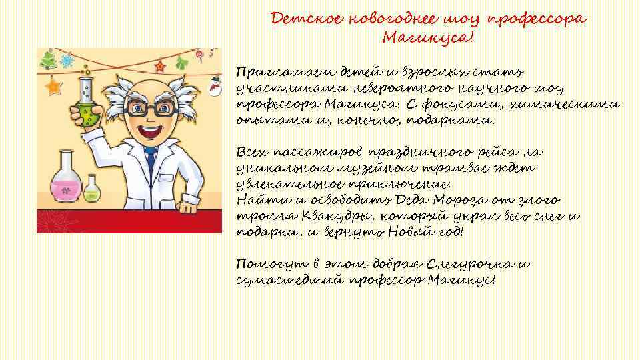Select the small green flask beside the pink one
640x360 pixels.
coord(91,191)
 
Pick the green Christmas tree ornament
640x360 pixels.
coord(49,62)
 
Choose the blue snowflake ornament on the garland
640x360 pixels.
coord(67,61)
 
